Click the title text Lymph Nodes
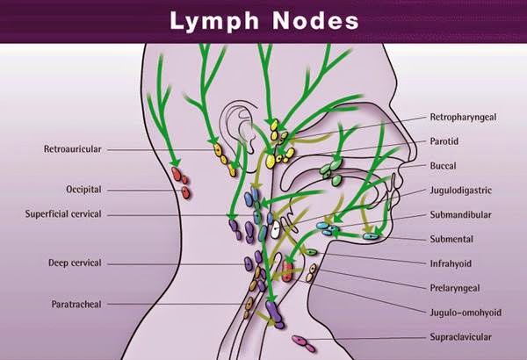263,18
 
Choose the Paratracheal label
76,305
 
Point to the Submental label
451,239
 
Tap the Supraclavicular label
459,336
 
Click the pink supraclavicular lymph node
303,340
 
